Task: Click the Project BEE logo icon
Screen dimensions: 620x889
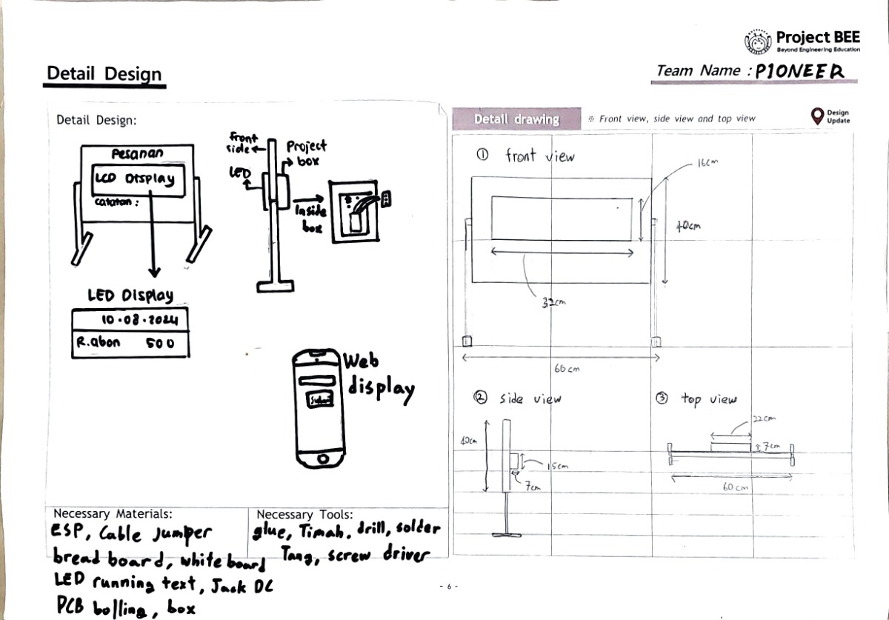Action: click(756, 41)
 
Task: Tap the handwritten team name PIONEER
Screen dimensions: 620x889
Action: click(799, 71)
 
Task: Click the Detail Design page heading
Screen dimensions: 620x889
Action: click(104, 73)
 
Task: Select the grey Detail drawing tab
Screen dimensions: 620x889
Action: click(516, 119)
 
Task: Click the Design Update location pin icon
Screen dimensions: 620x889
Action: click(817, 116)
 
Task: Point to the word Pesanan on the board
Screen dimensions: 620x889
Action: click(138, 155)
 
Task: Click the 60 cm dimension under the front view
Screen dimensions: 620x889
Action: click(567, 369)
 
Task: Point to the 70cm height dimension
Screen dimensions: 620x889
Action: click(687, 227)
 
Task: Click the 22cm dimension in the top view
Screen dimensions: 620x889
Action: click(763, 419)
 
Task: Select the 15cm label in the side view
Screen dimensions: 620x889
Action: click(558, 467)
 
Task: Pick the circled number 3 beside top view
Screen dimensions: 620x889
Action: click(662, 399)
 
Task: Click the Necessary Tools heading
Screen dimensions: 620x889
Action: click(304, 514)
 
